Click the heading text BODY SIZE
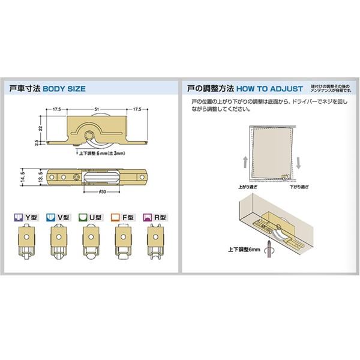65,89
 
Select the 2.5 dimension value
36,142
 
